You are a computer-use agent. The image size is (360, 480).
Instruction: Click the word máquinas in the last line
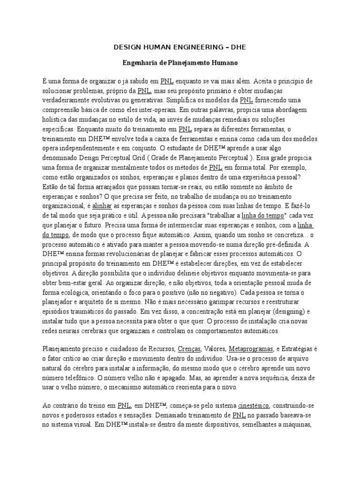297,426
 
